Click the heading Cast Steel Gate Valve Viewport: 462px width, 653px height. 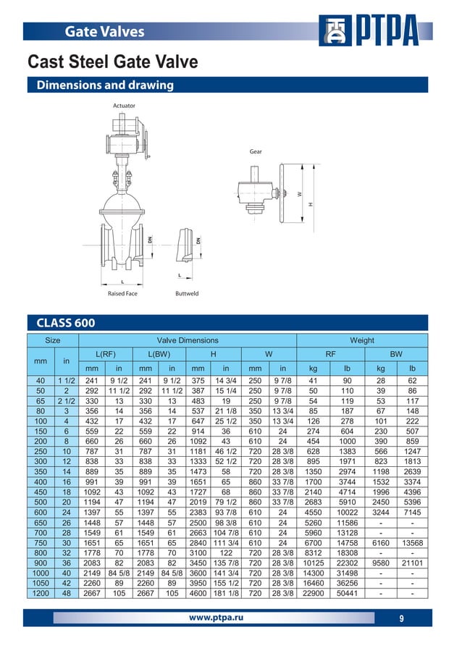coord(112,62)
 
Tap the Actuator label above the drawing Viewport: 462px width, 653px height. coord(124,106)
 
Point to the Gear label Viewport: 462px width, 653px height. coord(256,152)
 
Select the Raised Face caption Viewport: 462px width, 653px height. coord(122,294)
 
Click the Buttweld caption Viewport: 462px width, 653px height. coord(187,294)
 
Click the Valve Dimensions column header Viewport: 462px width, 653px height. coord(188,340)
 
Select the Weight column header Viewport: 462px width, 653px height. coord(362,340)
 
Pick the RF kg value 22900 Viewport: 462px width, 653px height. coord(313,594)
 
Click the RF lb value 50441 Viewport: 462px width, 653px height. coord(347,594)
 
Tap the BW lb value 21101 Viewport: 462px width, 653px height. coord(412,561)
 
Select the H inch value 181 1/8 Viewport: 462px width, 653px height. coord(226,594)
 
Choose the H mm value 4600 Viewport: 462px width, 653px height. coord(198,594)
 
